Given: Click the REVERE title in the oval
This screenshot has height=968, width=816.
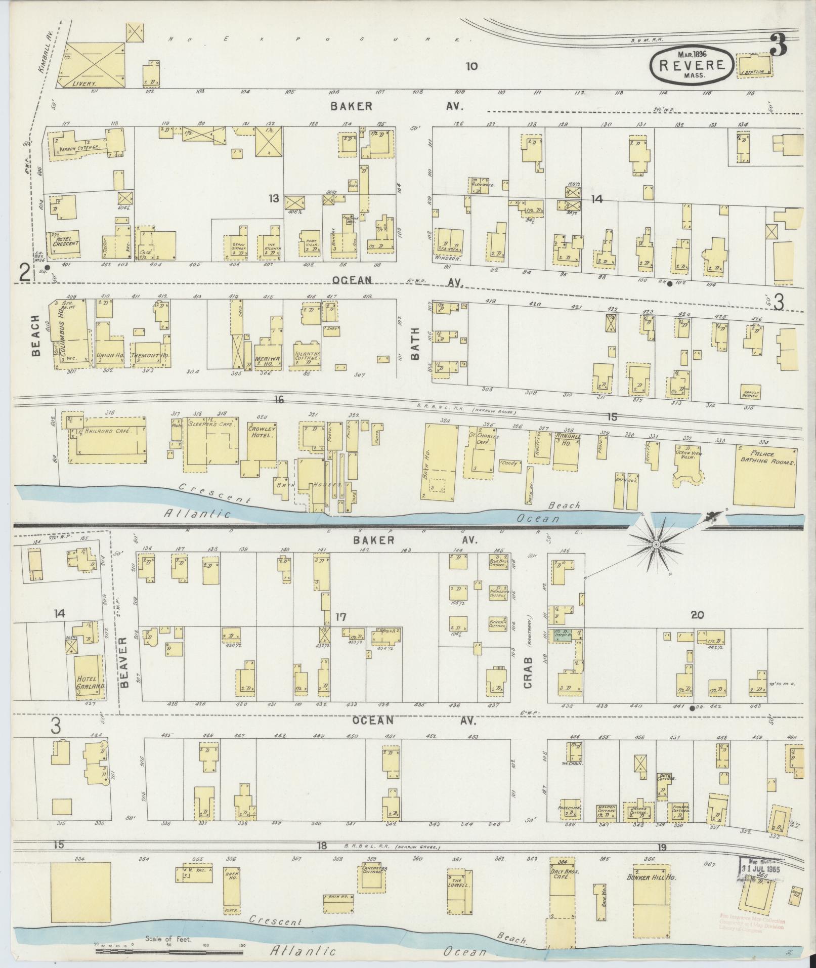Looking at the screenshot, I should click(x=690, y=64).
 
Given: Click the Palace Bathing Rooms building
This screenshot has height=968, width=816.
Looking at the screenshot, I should click(x=765, y=476).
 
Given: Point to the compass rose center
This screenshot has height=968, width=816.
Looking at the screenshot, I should click(x=655, y=544).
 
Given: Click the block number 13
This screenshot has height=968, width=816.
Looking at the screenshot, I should click(x=274, y=198).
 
